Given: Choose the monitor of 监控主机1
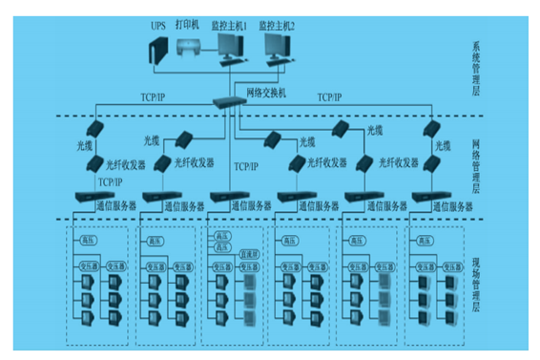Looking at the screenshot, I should coord(230,44).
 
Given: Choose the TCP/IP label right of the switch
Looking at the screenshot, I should coord(330,97).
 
